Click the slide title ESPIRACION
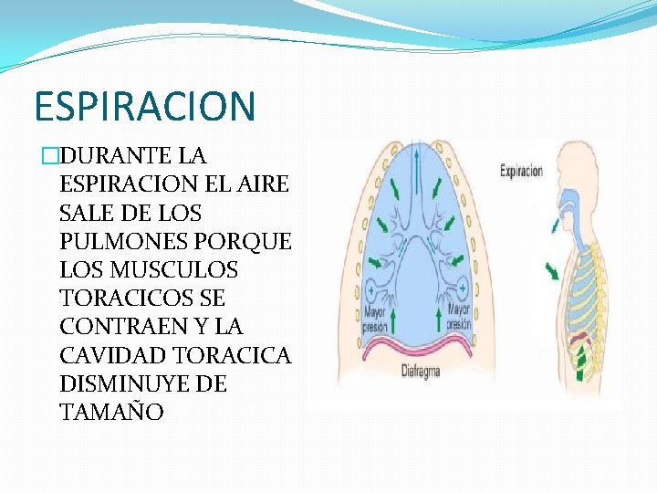(144, 106)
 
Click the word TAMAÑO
(111, 413)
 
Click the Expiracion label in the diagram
(521, 171)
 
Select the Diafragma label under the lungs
(422, 372)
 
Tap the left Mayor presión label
(375, 319)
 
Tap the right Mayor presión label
(458, 318)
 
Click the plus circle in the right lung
(464, 288)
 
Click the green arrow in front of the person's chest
(551, 271)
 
